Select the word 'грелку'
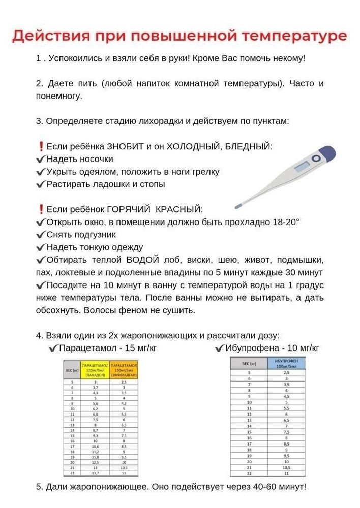204,172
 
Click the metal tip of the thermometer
237,206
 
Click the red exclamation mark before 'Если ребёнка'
41,146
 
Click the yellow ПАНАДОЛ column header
95,369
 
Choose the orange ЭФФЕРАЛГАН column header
124,369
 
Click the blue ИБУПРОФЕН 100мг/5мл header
287,363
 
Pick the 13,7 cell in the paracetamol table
95,472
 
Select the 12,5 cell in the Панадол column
95,462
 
